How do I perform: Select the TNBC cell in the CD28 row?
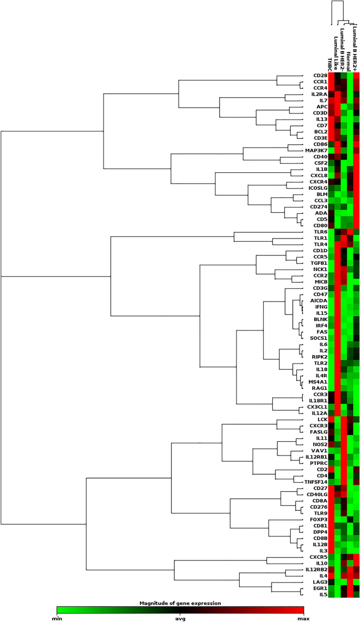pos(332,76)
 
